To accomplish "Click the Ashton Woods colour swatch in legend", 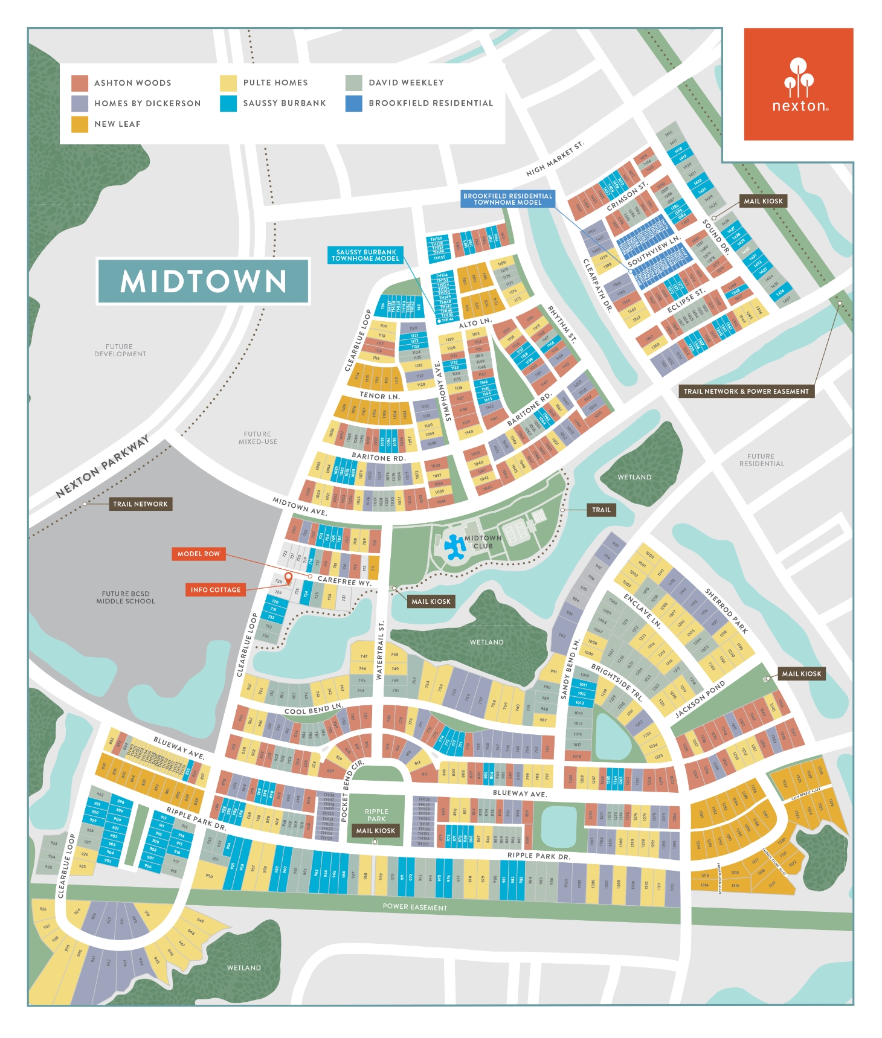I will pyautogui.click(x=80, y=83).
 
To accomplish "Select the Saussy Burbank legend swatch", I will pyautogui.click(x=228, y=103).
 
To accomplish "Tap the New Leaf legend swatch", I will pyautogui.click(x=80, y=124).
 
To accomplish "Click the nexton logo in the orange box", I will pyautogui.click(x=799, y=85).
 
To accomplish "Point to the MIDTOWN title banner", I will pyautogui.click(x=204, y=281).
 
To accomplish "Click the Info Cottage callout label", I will pyautogui.click(x=216, y=590).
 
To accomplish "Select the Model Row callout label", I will pyautogui.click(x=199, y=554).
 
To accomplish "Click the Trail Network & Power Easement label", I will pyautogui.click(x=746, y=391).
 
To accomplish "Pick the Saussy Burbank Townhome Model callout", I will pyautogui.click(x=365, y=255).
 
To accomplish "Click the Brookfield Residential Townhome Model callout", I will pyautogui.click(x=507, y=199).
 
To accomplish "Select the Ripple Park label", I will pyautogui.click(x=376, y=815).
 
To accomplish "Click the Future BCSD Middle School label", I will pyautogui.click(x=126, y=598).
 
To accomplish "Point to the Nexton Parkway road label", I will pyautogui.click(x=102, y=467).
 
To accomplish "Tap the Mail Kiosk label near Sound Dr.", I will pyautogui.click(x=763, y=201).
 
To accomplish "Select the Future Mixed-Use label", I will pyautogui.click(x=258, y=438).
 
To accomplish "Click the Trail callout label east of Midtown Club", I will pyautogui.click(x=601, y=510).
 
